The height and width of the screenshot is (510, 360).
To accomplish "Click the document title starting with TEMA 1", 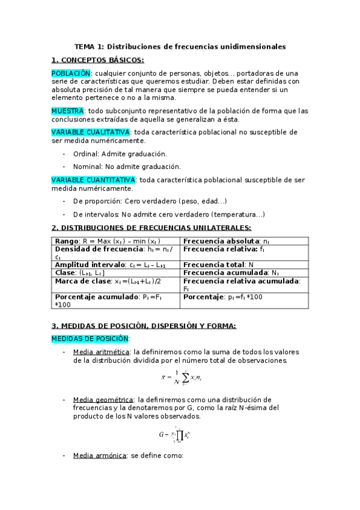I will [x=180, y=46].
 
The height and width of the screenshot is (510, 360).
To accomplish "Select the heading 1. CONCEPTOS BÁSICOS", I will [x=97, y=60].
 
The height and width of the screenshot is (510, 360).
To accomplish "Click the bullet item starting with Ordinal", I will [x=120, y=154].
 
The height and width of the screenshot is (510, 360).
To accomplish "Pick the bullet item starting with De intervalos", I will [x=168, y=214].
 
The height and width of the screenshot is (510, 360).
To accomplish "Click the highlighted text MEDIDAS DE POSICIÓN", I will [x=90, y=339].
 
